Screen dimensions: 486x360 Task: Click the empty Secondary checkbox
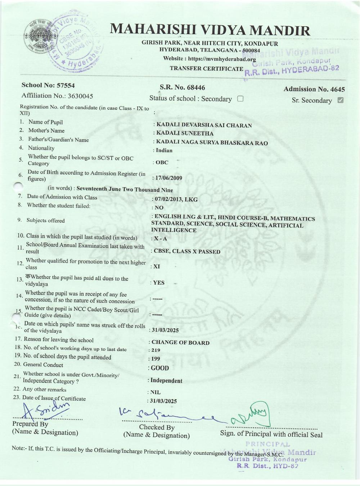[x=240, y=99]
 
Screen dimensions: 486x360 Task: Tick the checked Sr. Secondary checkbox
[x=340, y=100]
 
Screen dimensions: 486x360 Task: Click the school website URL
[x=222, y=59]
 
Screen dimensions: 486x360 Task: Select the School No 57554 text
[x=48, y=85]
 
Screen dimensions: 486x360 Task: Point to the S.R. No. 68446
[x=182, y=87]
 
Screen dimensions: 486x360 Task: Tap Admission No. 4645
[x=314, y=89]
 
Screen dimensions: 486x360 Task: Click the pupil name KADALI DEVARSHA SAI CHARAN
[x=204, y=125]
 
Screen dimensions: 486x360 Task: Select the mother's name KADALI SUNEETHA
[x=185, y=133]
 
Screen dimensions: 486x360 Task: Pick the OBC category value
[x=162, y=162]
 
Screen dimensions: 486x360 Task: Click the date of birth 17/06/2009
[x=168, y=178]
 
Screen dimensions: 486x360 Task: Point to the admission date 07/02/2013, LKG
[x=176, y=199]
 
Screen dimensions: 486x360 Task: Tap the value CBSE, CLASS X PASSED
[x=187, y=252]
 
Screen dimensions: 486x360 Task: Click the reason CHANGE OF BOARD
[x=180, y=342]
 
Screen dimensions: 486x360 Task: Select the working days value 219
[x=156, y=350]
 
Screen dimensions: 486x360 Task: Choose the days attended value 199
[x=156, y=359]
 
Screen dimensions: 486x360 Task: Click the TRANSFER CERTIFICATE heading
[x=207, y=68]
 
